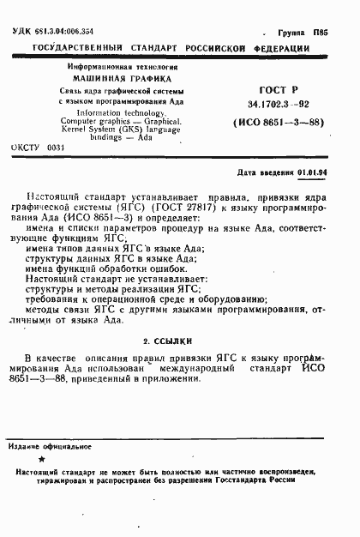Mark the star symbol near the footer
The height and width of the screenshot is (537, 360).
coord(42,462)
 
